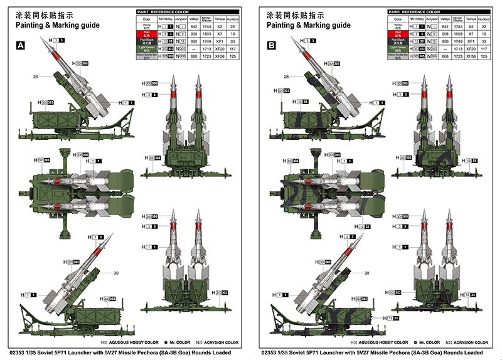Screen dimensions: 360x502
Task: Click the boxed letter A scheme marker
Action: pos(21,46)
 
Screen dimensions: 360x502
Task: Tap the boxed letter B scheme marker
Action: pos(272,46)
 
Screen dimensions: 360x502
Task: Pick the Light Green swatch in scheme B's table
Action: pos(397,48)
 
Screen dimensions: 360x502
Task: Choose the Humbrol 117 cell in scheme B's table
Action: pos(483,48)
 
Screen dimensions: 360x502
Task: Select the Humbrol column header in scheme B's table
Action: pos(483,19)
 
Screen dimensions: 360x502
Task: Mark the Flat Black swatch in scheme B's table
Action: pos(397,41)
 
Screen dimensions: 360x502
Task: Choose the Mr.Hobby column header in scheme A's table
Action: pos(166,19)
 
